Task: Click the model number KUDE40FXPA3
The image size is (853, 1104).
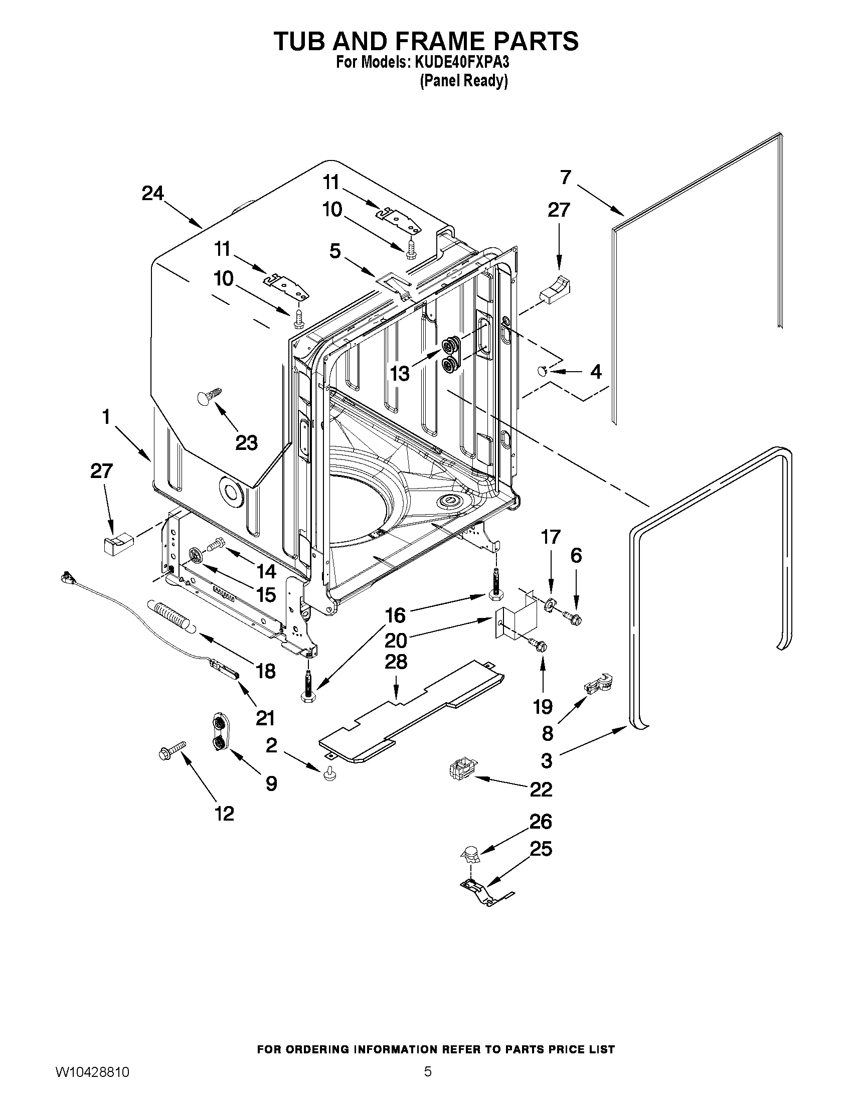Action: point(461,63)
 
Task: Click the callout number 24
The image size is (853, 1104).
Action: point(152,194)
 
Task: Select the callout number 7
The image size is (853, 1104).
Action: point(566,178)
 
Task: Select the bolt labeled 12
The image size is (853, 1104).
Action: point(173,750)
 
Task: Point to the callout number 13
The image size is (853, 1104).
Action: point(400,374)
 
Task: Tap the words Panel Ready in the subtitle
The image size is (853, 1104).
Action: point(463,80)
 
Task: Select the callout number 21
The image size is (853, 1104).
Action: point(264,718)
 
